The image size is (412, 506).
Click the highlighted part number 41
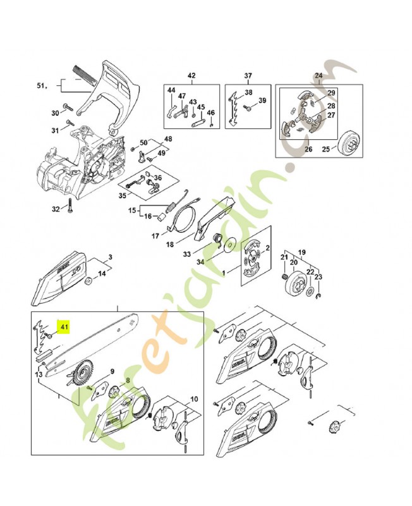pos(64,326)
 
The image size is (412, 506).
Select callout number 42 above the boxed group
pos(191,76)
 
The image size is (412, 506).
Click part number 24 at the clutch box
pos(318,76)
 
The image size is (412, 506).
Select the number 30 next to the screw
pos(55,113)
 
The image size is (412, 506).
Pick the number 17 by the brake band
pos(155,236)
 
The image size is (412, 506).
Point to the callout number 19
pos(302,251)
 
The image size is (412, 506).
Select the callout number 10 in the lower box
pos(194,399)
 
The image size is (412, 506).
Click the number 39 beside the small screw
pos(262,101)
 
